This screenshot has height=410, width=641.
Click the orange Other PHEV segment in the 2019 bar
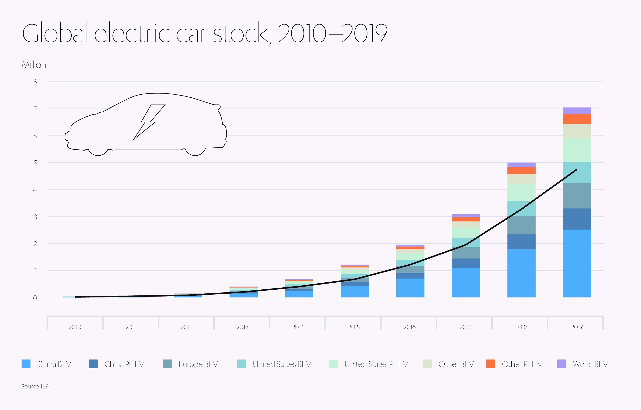[x=577, y=119]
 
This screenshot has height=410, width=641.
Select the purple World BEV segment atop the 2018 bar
[x=521, y=165]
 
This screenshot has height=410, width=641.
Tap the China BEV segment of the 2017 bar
[x=466, y=282]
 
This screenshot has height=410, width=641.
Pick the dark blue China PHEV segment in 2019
[x=577, y=219]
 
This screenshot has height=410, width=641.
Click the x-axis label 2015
[x=354, y=327]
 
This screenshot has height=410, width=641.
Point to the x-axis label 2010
[x=75, y=327]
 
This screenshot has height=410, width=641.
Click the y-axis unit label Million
[x=34, y=65]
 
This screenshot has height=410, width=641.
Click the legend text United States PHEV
[x=376, y=364]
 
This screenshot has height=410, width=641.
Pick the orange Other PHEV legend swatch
[x=491, y=364]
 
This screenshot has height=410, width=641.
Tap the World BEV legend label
[x=590, y=364]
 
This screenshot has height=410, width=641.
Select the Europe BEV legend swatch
[x=167, y=364]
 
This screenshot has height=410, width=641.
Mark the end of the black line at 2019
[x=576, y=170]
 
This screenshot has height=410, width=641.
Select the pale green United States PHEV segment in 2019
[x=577, y=150]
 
